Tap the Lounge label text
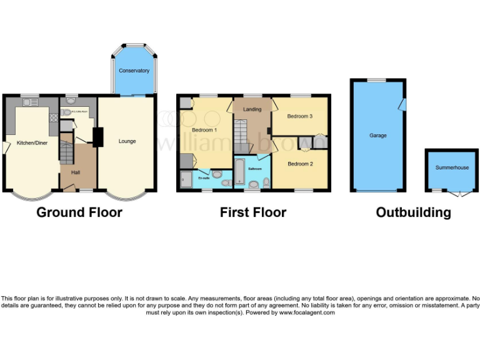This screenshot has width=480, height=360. [x=127, y=141]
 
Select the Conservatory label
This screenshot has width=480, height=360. [x=134, y=71]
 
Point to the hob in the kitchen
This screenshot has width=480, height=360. [x=53, y=117]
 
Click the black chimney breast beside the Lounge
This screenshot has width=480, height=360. [x=97, y=137]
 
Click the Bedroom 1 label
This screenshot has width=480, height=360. [x=204, y=130]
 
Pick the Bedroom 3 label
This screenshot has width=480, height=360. [x=300, y=116]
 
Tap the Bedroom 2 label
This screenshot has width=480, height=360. [x=300, y=164]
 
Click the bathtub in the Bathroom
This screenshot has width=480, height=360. [x=240, y=171]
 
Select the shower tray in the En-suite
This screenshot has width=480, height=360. [x=187, y=179]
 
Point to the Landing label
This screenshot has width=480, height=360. [x=252, y=109]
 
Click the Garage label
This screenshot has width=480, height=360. [x=378, y=136]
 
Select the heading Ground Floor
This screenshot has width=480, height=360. [x=79, y=212]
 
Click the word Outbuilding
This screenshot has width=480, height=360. [x=413, y=212]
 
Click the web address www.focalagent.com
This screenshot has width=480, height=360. [x=307, y=312]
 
